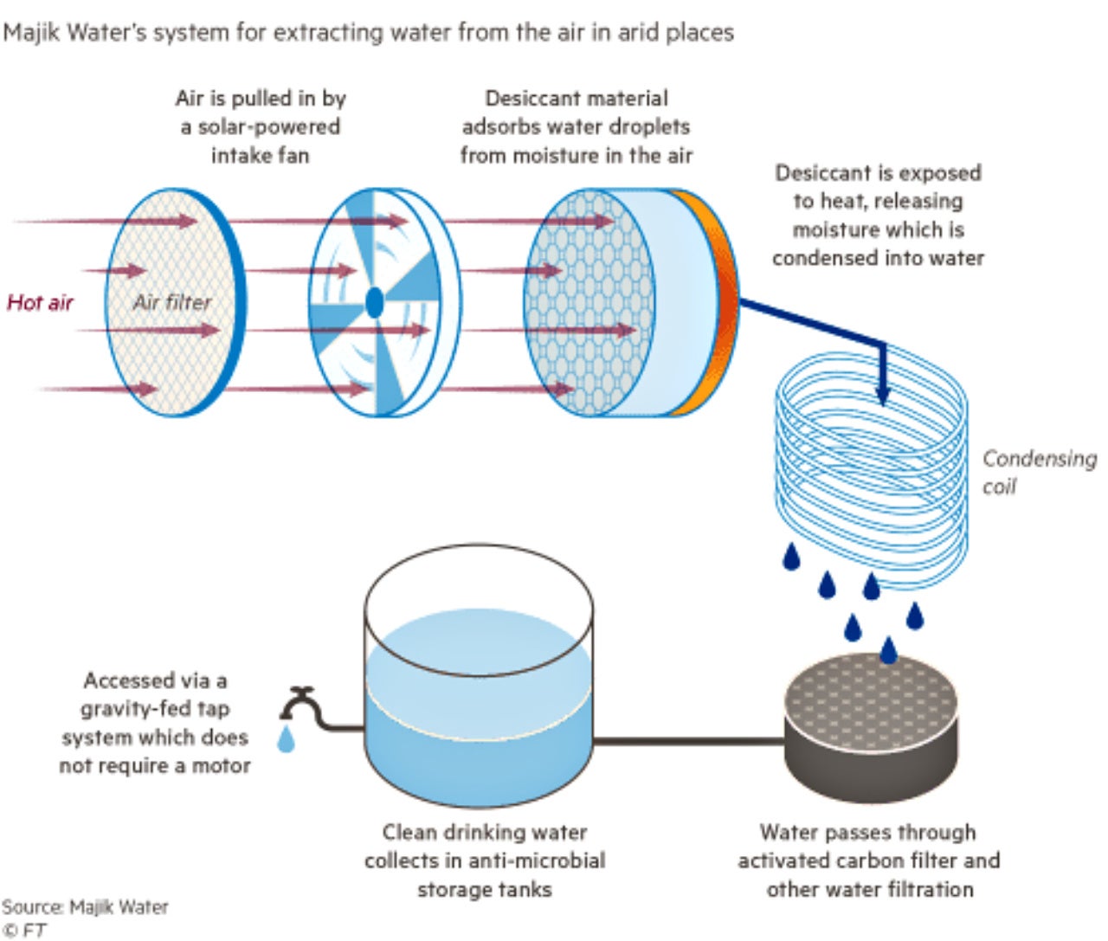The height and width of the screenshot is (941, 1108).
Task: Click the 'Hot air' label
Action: (x=40, y=302)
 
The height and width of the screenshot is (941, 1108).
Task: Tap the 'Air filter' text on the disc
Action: (x=171, y=302)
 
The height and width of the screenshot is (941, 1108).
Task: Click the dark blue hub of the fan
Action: (x=374, y=302)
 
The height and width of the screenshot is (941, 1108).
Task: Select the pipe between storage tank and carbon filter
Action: (x=688, y=741)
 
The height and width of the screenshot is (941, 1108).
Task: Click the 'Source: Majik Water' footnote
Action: (x=85, y=907)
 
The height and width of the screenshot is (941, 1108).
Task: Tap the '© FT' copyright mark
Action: (x=24, y=931)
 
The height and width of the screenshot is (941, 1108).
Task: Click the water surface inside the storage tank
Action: (x=479, y=641)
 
